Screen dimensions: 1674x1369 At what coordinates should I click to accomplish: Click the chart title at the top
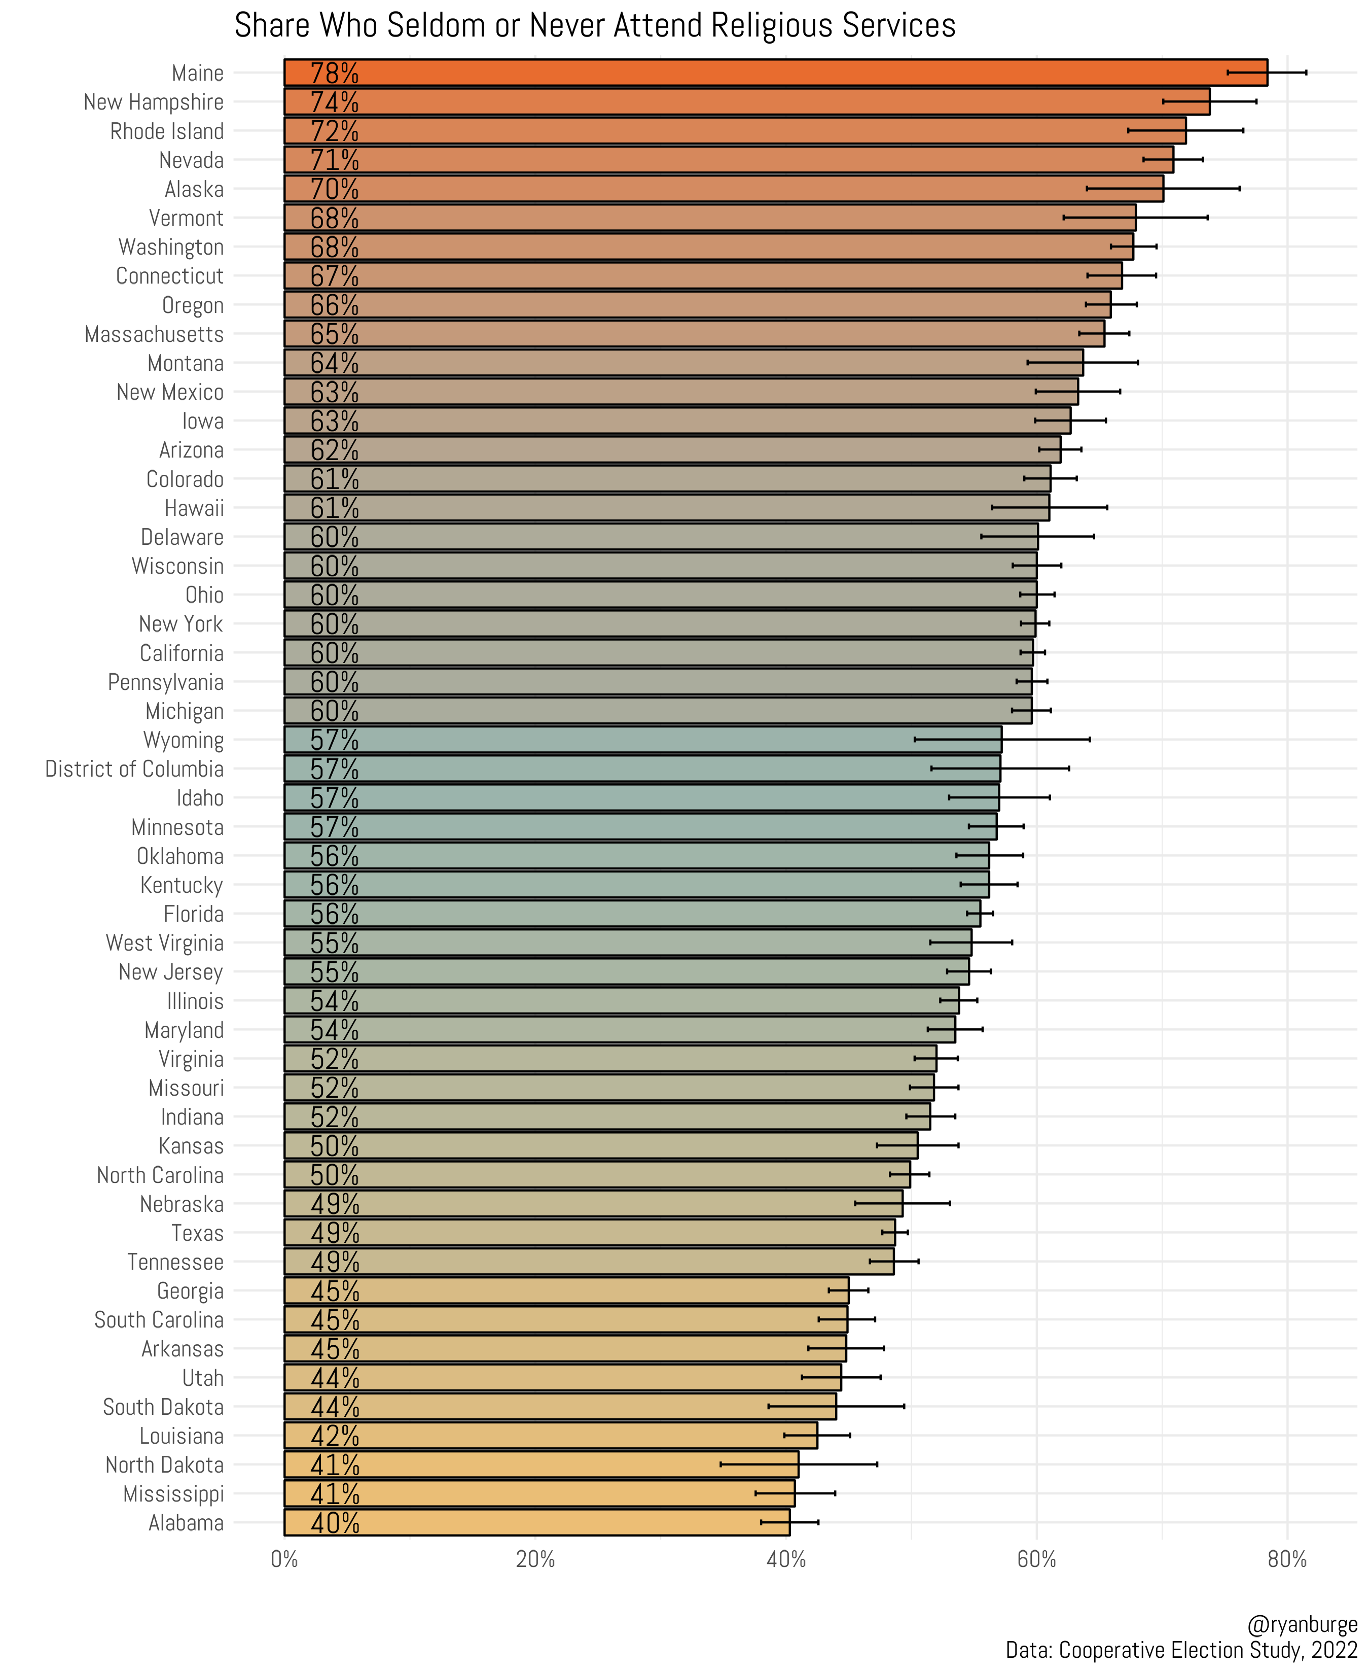click(x=595, y=26)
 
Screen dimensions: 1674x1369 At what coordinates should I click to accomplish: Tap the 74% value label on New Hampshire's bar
click(x=334, y=102)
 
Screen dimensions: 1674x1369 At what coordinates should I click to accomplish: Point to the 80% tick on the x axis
click(x=1287, y=1559)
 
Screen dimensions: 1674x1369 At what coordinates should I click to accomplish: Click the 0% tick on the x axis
click(x=284, y=1559)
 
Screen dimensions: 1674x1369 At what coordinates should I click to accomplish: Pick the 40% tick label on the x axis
click(x=786, y=1559)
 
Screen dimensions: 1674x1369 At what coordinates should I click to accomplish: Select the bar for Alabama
click(x=536, y=1522)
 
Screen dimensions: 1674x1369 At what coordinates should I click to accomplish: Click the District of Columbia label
click(x=134, y=769)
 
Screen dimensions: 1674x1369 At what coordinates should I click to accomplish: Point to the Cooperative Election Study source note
click(x=1180, y=1650)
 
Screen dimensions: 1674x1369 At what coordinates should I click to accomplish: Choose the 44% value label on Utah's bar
click(x=334, y=1377)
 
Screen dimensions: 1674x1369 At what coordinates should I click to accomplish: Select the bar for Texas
click(x=590, y=1232)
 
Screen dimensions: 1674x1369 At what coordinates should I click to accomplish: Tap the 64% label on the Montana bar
click(x=334, y=363)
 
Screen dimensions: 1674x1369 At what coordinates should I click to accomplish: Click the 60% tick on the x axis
click(x=1036, y=1559)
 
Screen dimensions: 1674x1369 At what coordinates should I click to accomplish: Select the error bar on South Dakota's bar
click(x=836, y=1406)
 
